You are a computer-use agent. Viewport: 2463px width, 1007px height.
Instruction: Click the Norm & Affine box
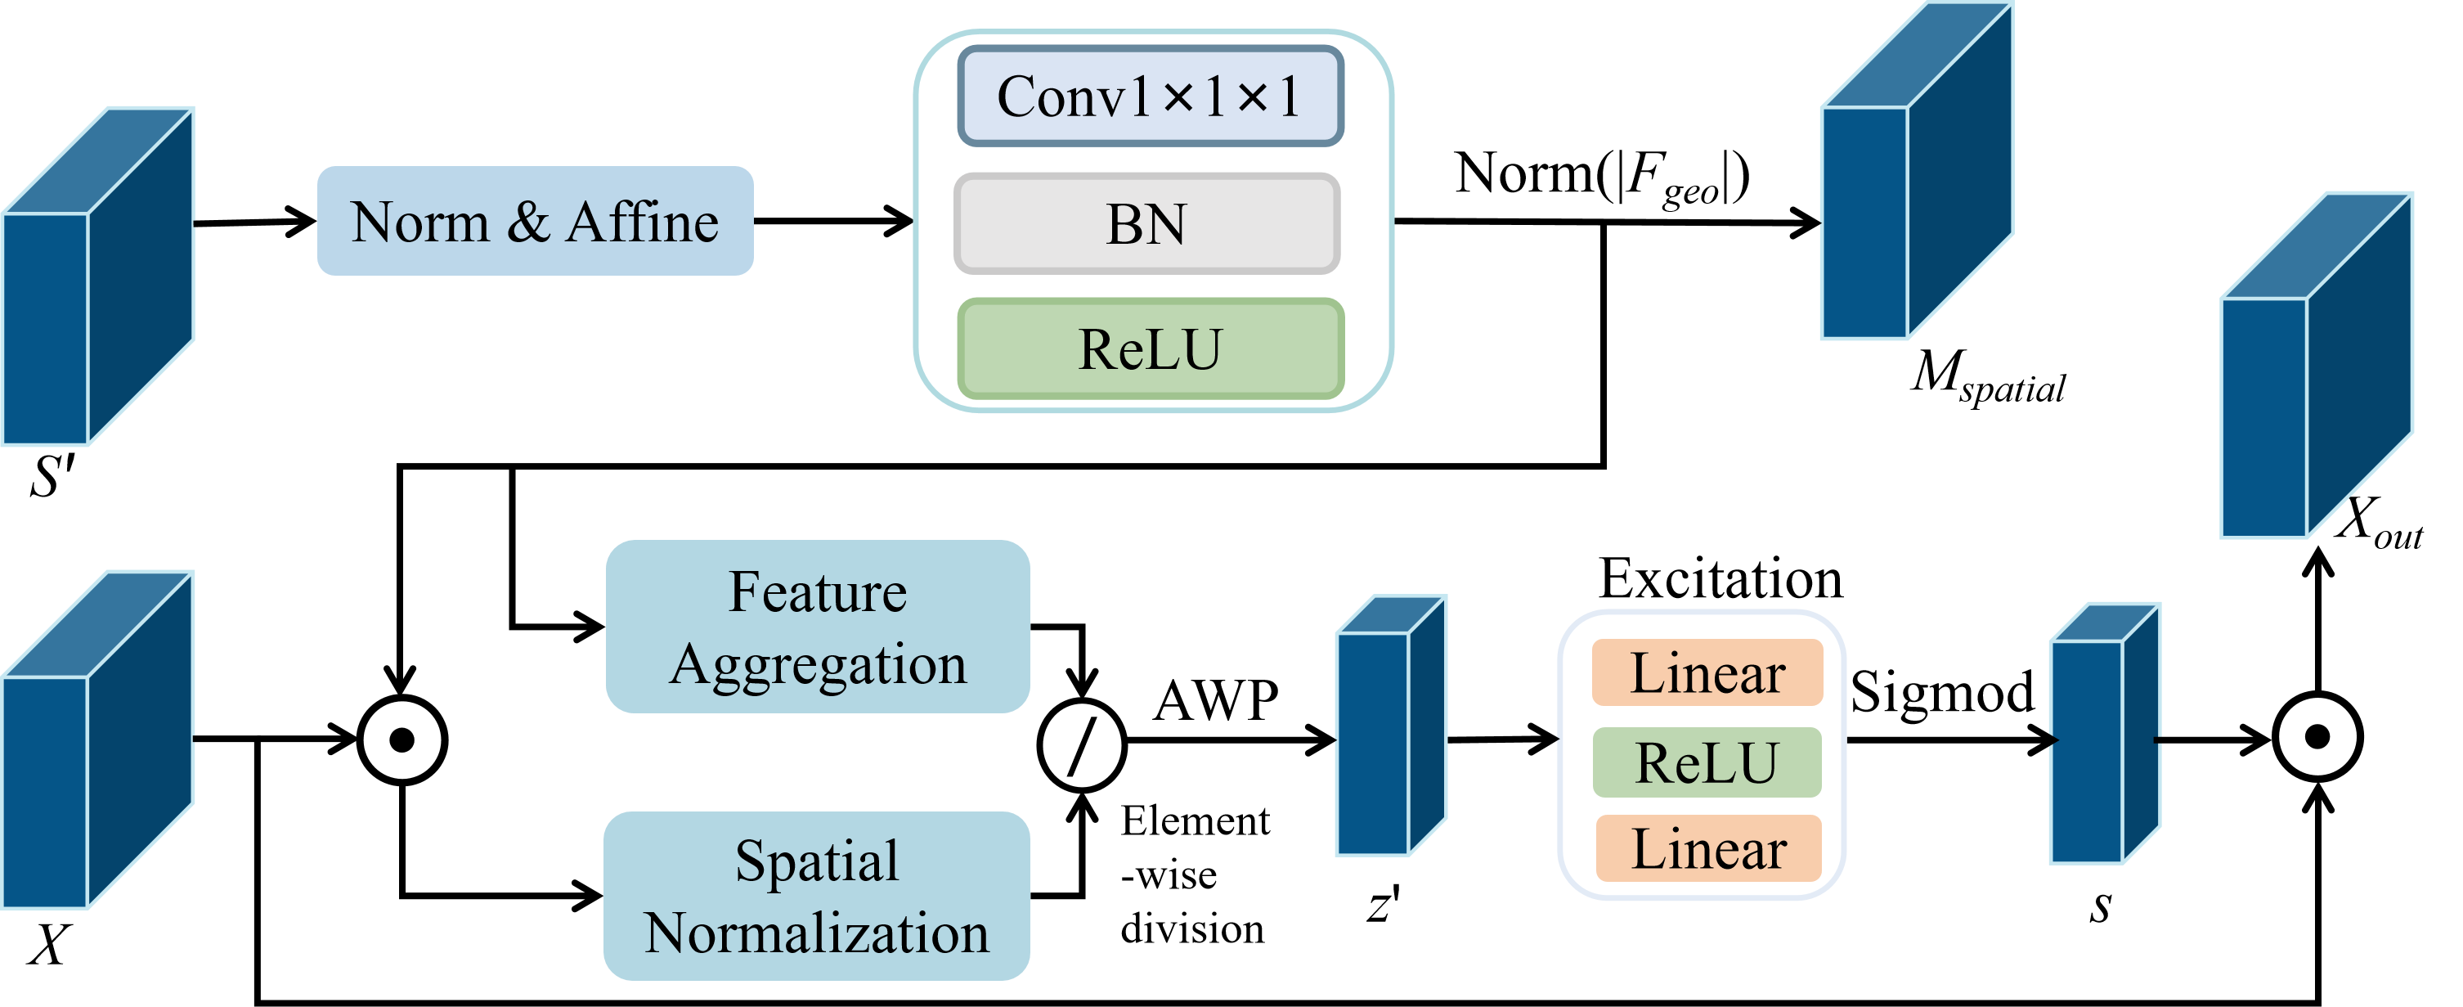coord(536,221)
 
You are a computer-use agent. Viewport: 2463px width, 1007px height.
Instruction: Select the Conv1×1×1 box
coord(1151,97)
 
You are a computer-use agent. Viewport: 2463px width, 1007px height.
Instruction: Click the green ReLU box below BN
coord(1151,349)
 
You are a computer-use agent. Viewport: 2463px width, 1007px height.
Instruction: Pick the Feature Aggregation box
coord(818,627)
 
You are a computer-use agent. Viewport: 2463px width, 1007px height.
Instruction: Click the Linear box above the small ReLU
coord(1707,672)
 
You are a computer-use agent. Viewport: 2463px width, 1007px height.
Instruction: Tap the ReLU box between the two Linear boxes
coord(1707,762)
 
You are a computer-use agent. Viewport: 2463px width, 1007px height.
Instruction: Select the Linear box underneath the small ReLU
coord(1707,848)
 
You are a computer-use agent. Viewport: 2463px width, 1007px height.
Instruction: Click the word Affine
coord(642,222)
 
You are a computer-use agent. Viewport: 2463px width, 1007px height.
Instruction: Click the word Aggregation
coord(819,664)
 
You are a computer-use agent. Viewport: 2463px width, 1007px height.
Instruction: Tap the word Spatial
coord(817,861)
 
